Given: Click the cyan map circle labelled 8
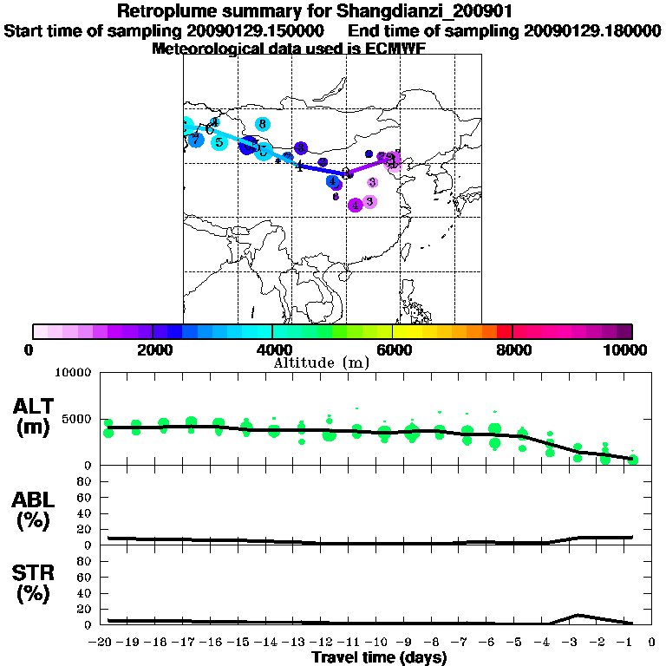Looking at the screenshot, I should tap(262, 124).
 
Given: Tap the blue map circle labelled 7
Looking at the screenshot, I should tap(196, 139).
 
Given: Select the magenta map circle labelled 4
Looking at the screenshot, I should tap(356, 205).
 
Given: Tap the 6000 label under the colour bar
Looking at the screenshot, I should tap(393, 349).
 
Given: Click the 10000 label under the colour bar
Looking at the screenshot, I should tap(626, 349).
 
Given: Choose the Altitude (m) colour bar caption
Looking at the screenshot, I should tap(321, 362).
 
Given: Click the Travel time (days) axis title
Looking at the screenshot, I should tap(379, 658).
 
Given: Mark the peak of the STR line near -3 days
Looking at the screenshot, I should tap(578, 615).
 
